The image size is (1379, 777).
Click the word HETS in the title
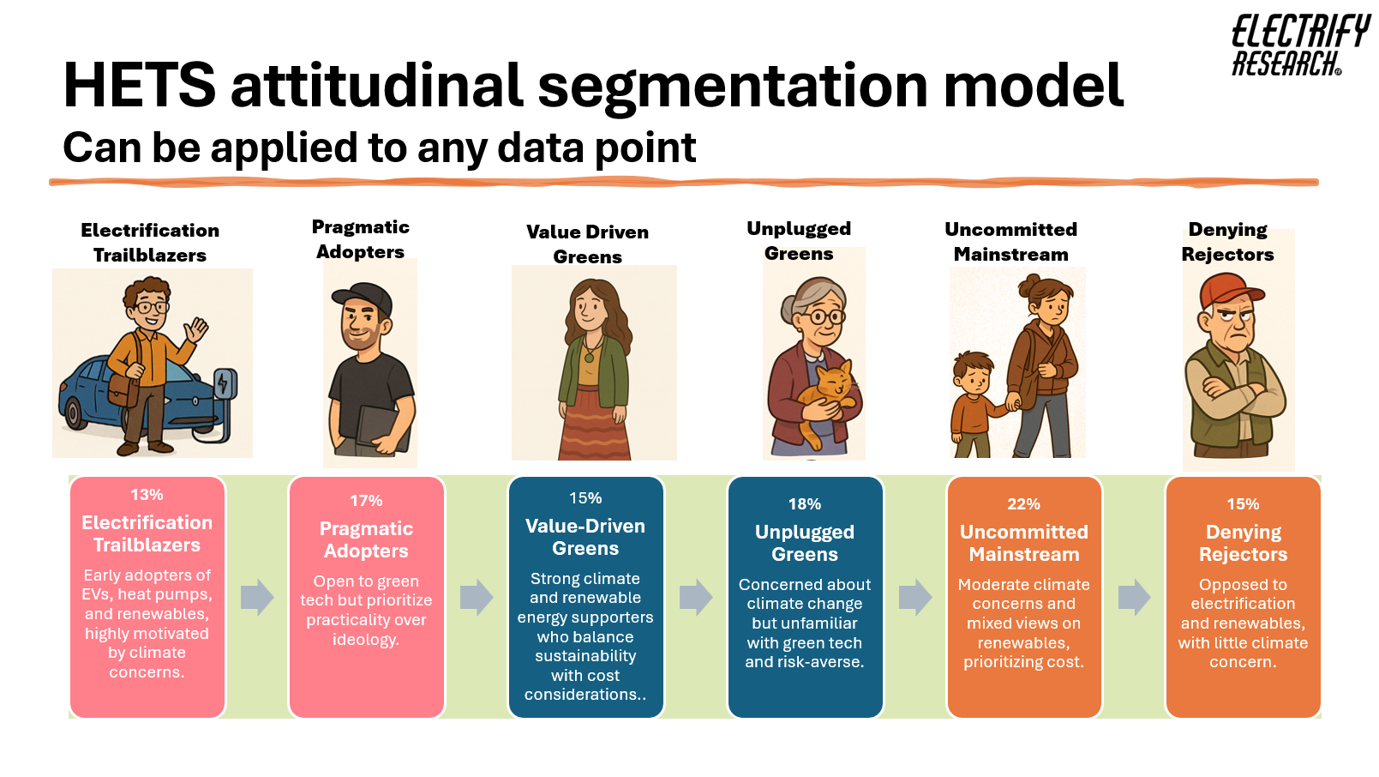pos(139,85)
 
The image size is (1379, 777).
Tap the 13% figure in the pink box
pos(147,495)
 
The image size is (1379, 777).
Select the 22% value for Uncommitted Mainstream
pos(1023,504)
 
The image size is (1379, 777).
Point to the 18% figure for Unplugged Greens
pos(805,504)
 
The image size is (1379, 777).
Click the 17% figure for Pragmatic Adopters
pos(366,501)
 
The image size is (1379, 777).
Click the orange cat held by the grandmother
pos(826,400)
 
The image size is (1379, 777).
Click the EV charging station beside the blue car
pos(225,395)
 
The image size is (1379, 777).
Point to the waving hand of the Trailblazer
pos(197,330)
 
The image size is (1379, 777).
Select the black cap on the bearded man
pos(363,297)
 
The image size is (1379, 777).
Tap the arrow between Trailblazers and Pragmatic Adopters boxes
pos(257,596)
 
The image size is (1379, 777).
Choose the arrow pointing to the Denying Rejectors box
pos(1135,596)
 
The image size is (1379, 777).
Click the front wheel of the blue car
pos(75,413)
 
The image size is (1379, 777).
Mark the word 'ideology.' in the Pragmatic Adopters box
pos(366,640)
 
